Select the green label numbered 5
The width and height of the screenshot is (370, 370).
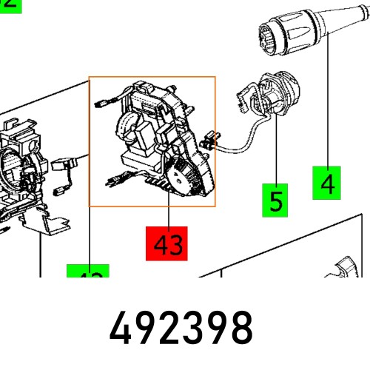coord(276,201)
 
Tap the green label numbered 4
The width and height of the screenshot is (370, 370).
coord(328,181)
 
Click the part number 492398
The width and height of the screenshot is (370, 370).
coord(181,328)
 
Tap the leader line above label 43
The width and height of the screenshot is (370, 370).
coord(168,217)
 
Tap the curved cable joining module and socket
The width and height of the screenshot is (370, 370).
coord(244,141)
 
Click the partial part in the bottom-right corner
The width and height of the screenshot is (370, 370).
coord(348,270)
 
